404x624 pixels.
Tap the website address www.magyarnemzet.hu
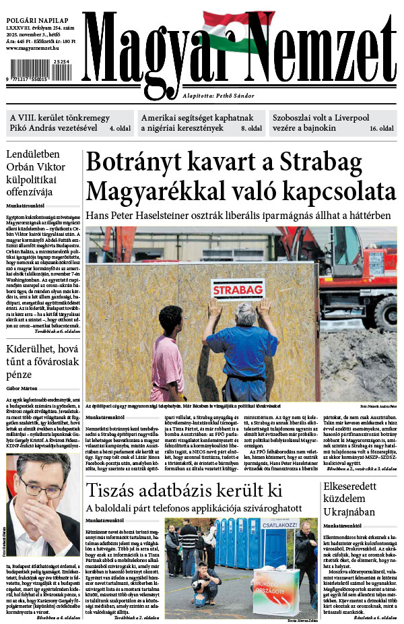pos(34,49)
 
